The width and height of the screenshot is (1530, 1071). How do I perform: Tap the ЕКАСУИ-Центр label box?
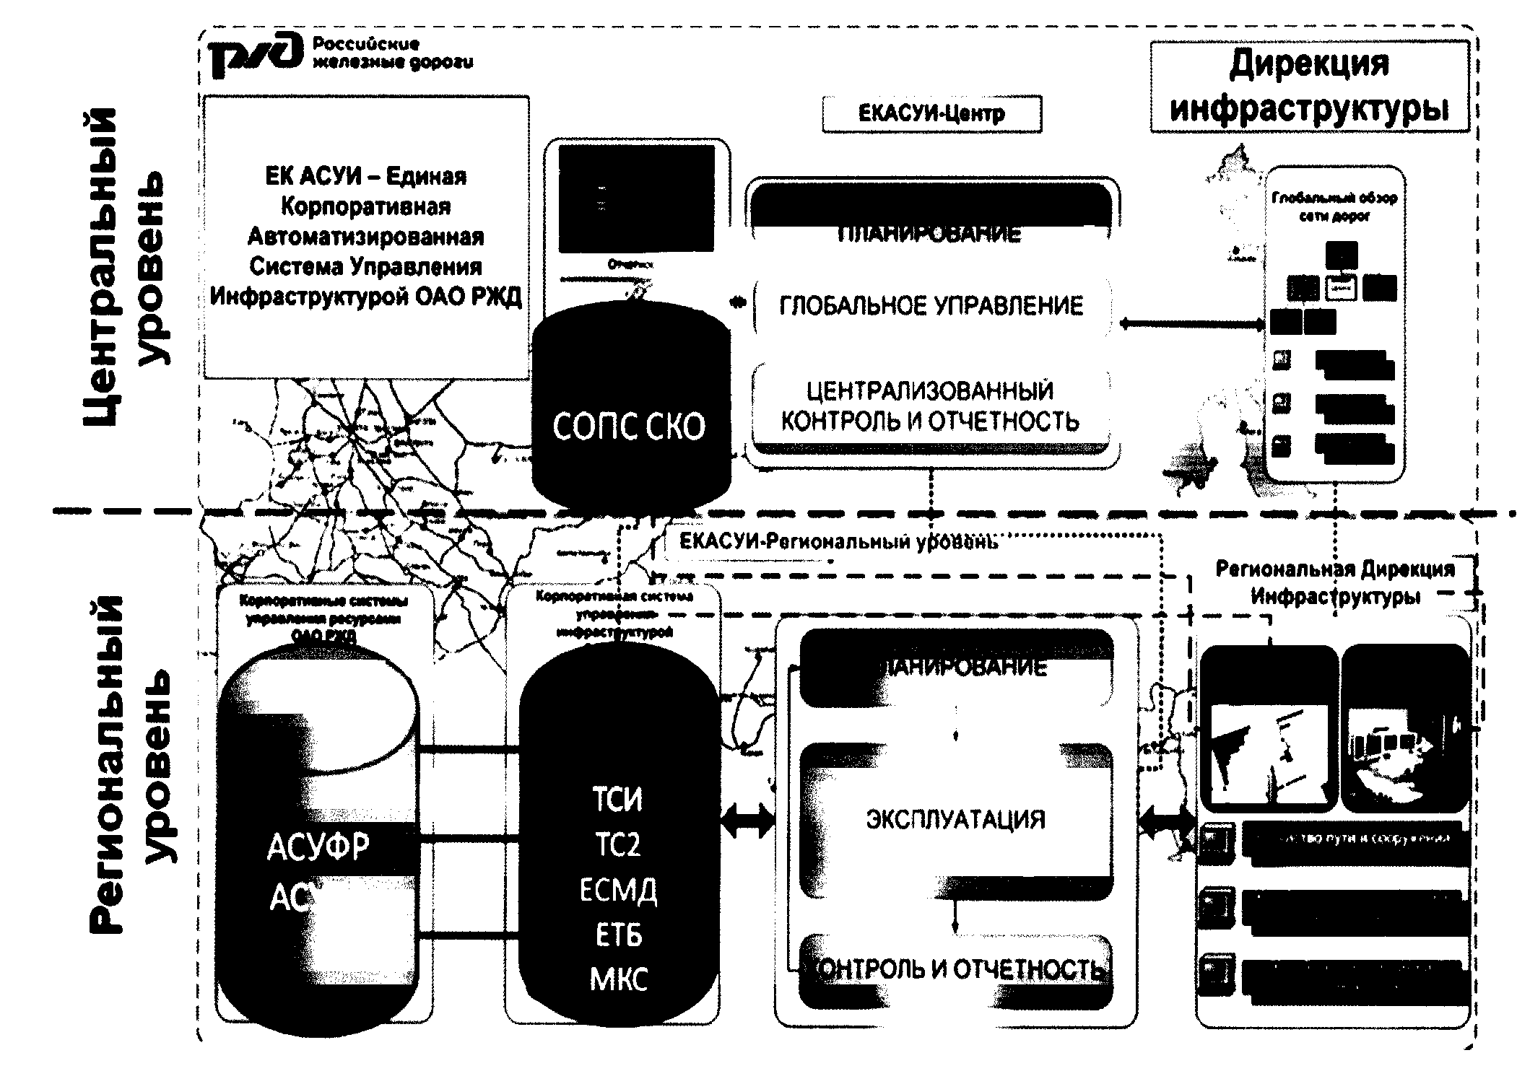pos(931,114)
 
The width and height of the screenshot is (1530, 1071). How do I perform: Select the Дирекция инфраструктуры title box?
pos(1309,87)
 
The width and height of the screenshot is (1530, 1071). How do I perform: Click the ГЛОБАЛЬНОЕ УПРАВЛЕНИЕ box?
pos(931,306)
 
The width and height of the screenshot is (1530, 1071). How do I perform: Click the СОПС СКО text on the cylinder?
pos(629,427)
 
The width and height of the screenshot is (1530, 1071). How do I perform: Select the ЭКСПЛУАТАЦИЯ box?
pos(955,820)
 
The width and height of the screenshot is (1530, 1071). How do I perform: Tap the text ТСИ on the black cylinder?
pos(617,800)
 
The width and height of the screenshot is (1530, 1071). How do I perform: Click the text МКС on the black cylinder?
pos(619,980)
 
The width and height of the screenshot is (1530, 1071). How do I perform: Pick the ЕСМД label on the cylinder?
pos(618,891)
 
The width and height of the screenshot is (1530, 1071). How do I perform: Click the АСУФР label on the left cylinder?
pos(318,847)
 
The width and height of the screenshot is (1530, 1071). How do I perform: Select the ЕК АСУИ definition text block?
pos(366,237)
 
